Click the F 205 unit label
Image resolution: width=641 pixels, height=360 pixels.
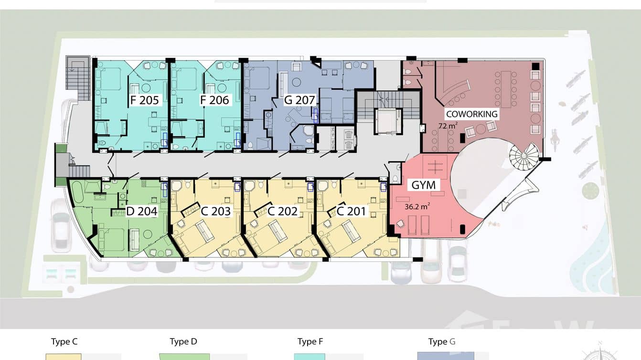tap(144, 100)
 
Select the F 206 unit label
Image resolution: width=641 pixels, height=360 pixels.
tap(214, 100)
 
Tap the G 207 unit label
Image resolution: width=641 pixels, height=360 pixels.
tap(299, 100)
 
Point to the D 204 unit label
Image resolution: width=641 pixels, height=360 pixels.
tap(142, 212)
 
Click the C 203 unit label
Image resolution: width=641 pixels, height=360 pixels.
tap(216, 212)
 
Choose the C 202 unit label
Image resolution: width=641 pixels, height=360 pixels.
tap(282, 212)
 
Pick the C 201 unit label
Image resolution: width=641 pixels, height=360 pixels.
tap(351, 212)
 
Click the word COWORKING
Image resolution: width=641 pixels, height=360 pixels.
tap(471, 114)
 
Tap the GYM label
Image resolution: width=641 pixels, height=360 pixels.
tap(424, 185)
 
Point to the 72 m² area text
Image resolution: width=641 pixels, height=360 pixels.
tap(448, 126)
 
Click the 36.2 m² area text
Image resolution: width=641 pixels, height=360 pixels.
tap(417, 206)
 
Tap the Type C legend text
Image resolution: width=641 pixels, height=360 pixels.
tap(64, 342)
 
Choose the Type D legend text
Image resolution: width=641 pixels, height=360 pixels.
tap(183, 341)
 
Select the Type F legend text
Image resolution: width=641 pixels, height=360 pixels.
tap(310, 341)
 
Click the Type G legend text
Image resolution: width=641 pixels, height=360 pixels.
tap(442, 341)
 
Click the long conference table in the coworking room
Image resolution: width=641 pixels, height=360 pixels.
tap(506, 89)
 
